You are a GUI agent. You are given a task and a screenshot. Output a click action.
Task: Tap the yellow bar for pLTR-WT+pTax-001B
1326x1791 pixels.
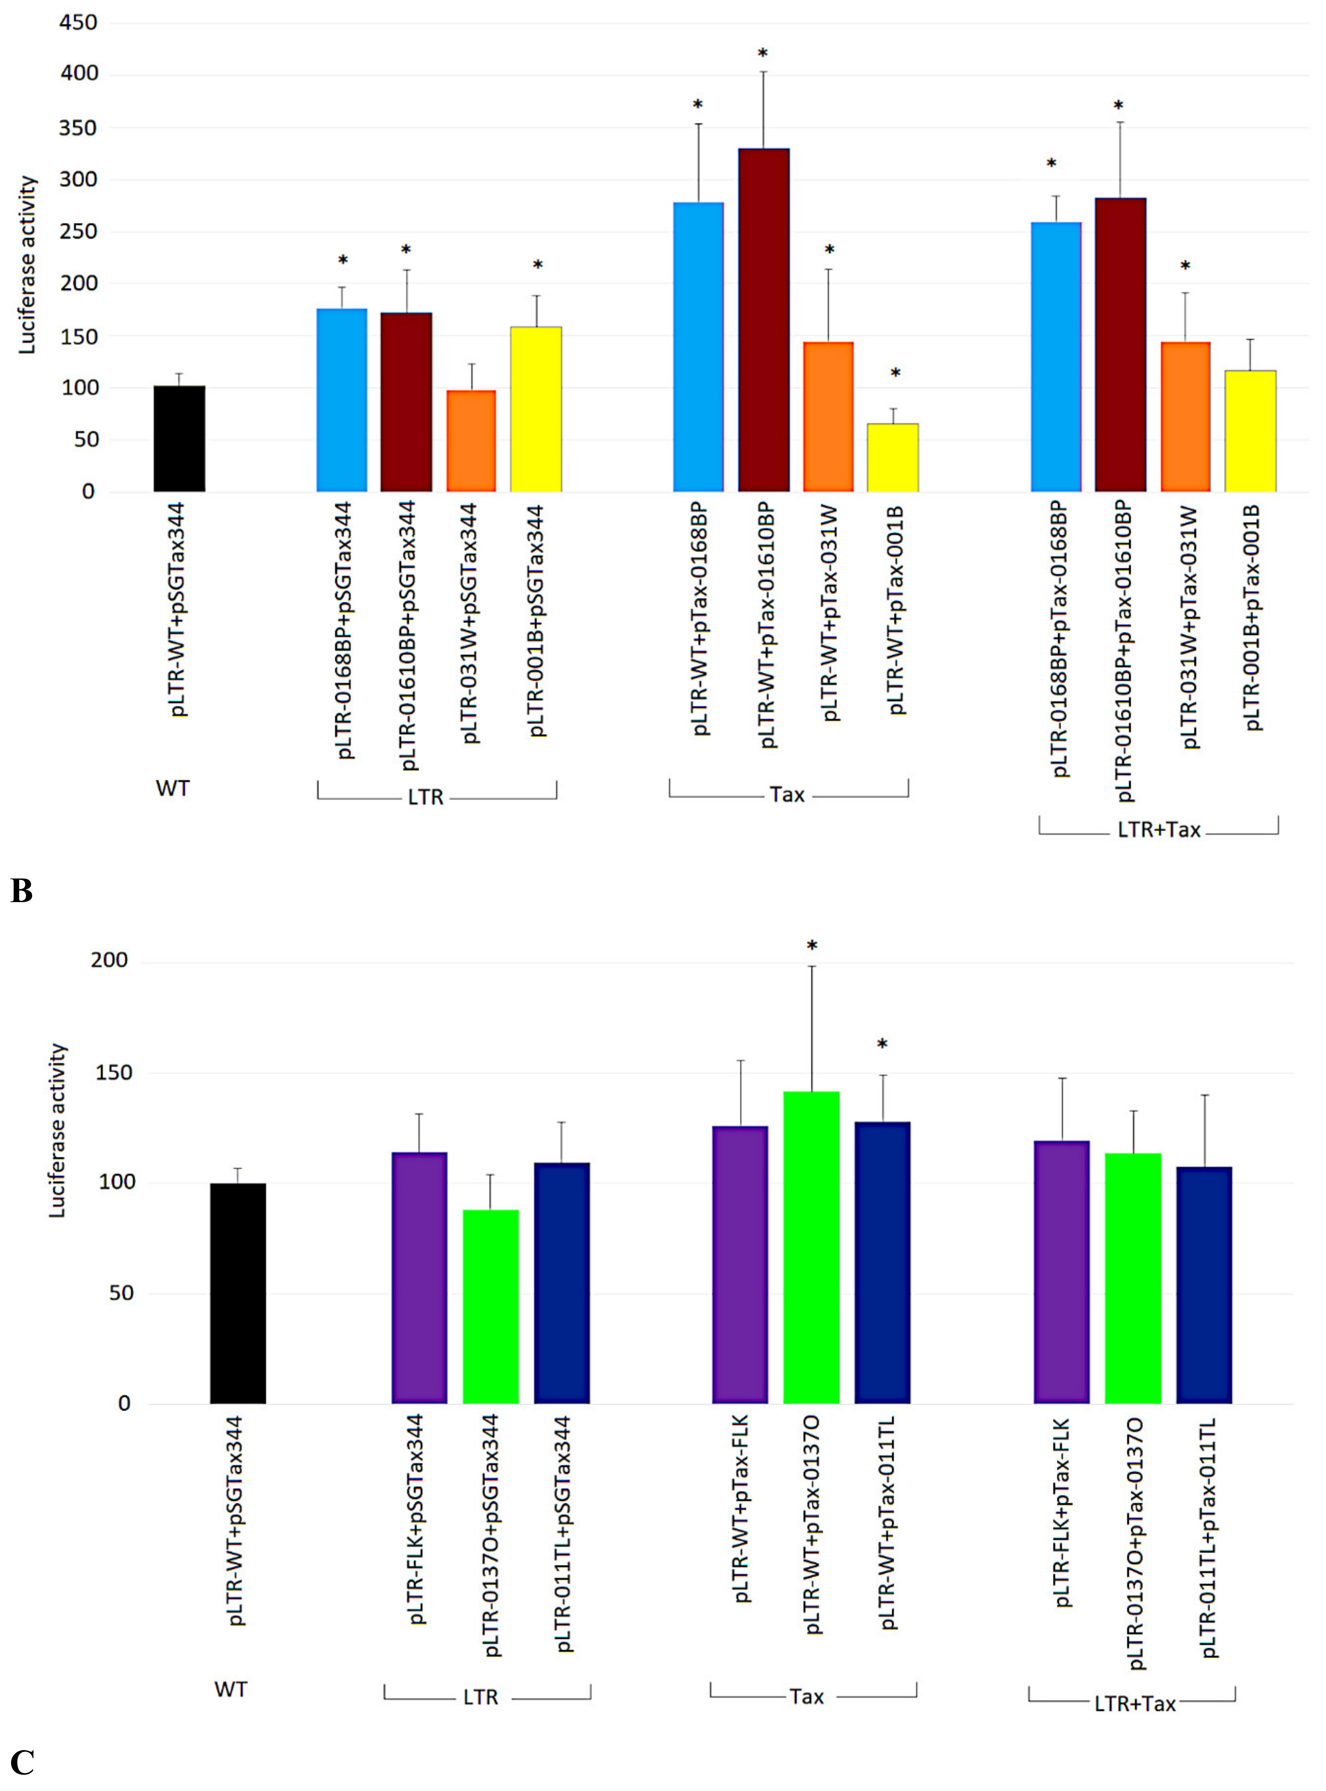(893, 458)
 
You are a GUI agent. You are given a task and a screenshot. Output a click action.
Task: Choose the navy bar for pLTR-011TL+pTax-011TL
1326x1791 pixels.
(1204, 1284)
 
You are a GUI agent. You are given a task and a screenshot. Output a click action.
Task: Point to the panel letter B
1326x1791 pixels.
(22, 890)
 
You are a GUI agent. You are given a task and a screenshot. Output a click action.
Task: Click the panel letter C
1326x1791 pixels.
(22, 1762)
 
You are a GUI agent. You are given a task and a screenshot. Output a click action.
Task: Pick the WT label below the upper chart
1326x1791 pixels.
(173, 788)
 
